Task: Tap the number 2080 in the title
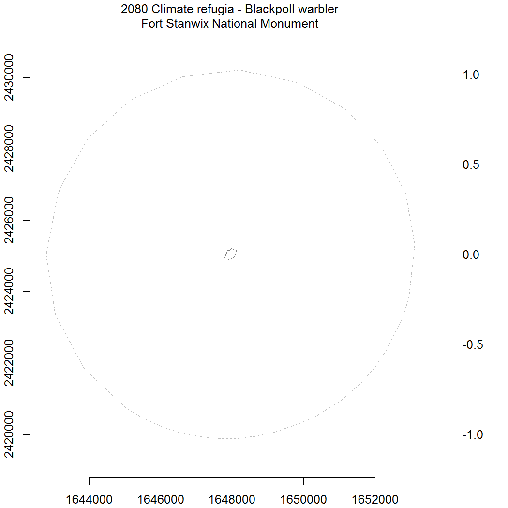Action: pyautogui.click(x=134, y=9)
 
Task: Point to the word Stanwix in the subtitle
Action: pyautogui.click(x=188, y=24)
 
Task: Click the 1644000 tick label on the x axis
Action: pyautogui.click(x=89, y=500)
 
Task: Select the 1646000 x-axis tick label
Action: pyautogui.click(x=161, y=500)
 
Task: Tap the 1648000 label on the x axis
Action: pyautogui.click(x=232, y=500)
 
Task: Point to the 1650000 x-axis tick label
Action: pyautogui.click(x=303, y=500)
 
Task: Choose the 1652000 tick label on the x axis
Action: pyautogui.click(x=375, y=500)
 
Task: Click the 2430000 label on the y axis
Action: pyautogui.click(x=9, y=78)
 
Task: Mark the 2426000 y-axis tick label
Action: pyautogui.click(x=9, y=220)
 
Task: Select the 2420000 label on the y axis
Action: pyautogui.click(x=9, y=434)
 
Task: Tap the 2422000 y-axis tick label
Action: pyautogui.click(x=9, y=363)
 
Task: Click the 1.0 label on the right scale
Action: pyautogui.click(x=471, y=75)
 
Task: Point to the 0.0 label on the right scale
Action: pyautogui.click(x=471, y=254)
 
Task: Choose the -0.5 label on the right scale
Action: pyautogui.click(x=473, y=344)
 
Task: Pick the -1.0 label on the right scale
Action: pyautogui.click(x=473, y=435)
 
